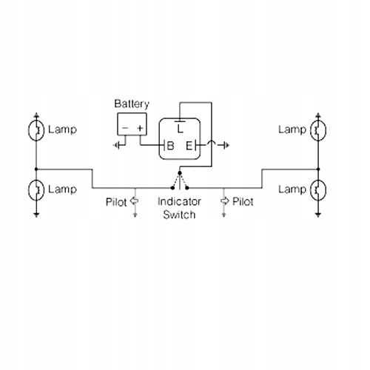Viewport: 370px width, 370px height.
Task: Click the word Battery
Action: (x=132, y=104)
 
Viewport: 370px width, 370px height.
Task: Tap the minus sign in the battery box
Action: (x=125, y=128)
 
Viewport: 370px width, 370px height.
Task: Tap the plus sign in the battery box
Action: (x=140, y=128)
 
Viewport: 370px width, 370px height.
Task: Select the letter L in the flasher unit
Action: (x=181, y=129)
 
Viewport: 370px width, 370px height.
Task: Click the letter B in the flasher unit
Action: (x=170, y=146)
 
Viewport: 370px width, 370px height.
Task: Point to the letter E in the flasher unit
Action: (x=189, y=146)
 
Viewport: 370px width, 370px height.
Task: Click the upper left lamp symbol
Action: (x=36, y=130)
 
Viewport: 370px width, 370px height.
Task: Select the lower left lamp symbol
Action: (x=36, y=190)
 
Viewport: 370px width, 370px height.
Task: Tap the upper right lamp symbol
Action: (x=318, y=130)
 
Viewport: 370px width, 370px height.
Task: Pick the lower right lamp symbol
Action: (x=318, y=190)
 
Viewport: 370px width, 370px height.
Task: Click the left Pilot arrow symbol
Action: (x=134, y=201)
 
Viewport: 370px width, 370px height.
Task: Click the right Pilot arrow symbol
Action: (x=224, y=201)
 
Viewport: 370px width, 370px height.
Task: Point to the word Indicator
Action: (x=179, y=202)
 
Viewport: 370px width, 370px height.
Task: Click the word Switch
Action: (x=179, y=215)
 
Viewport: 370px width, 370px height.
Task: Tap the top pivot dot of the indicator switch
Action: (x=180, y=173)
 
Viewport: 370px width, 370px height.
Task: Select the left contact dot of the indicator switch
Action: (x=172, y=188)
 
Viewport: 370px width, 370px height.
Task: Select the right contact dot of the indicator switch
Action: (x=187, y=188)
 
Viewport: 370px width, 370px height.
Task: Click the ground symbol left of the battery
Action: (x=116, y=145)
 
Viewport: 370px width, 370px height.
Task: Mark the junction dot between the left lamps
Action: (x=36, y=169)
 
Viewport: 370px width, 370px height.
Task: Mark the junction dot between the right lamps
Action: (x=318, y=169)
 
